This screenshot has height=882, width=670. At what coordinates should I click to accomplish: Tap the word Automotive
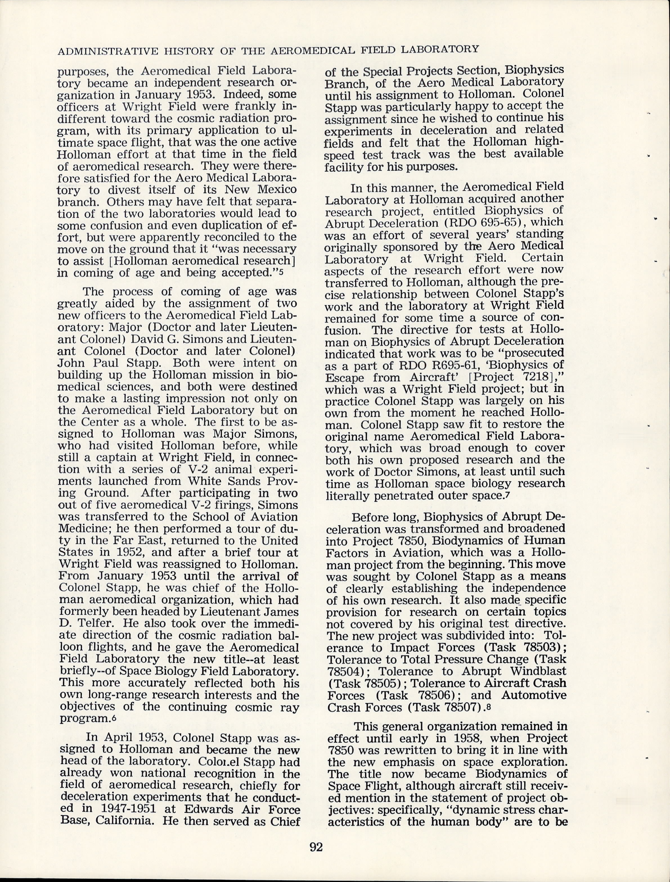tap(534, 695)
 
